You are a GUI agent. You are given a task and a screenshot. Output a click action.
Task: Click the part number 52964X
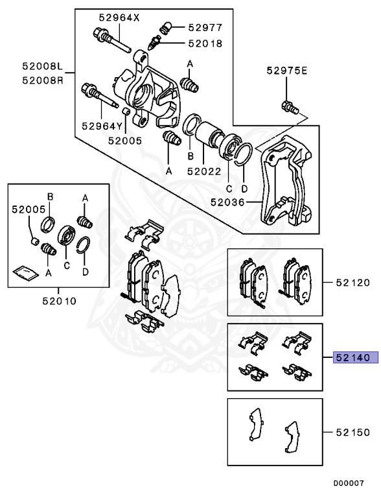coord(119,18)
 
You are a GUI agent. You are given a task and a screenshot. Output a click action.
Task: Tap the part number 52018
coord(205,43)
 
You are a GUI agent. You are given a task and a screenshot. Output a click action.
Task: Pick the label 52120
coord(353,283)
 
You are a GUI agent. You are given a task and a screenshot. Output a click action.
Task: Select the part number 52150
coord(353,431)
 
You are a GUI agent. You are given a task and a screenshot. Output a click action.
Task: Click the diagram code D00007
coord(350,484)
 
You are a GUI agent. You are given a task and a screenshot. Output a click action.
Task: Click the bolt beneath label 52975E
coord(288,107)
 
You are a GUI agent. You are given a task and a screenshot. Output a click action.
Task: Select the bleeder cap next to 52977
coord(165,27)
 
